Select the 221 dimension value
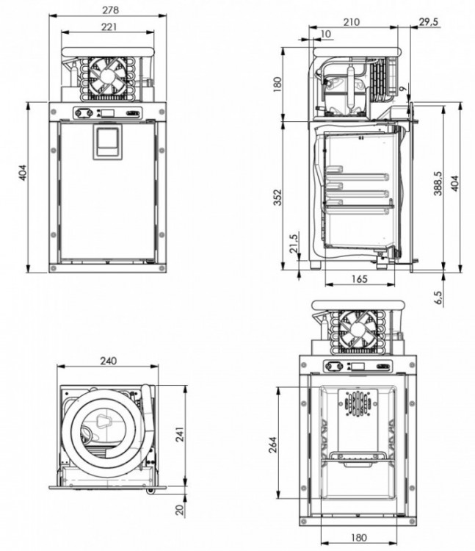109,27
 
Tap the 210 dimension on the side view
351,23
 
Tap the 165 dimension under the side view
359,278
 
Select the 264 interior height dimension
270,444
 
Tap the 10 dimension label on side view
326,35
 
